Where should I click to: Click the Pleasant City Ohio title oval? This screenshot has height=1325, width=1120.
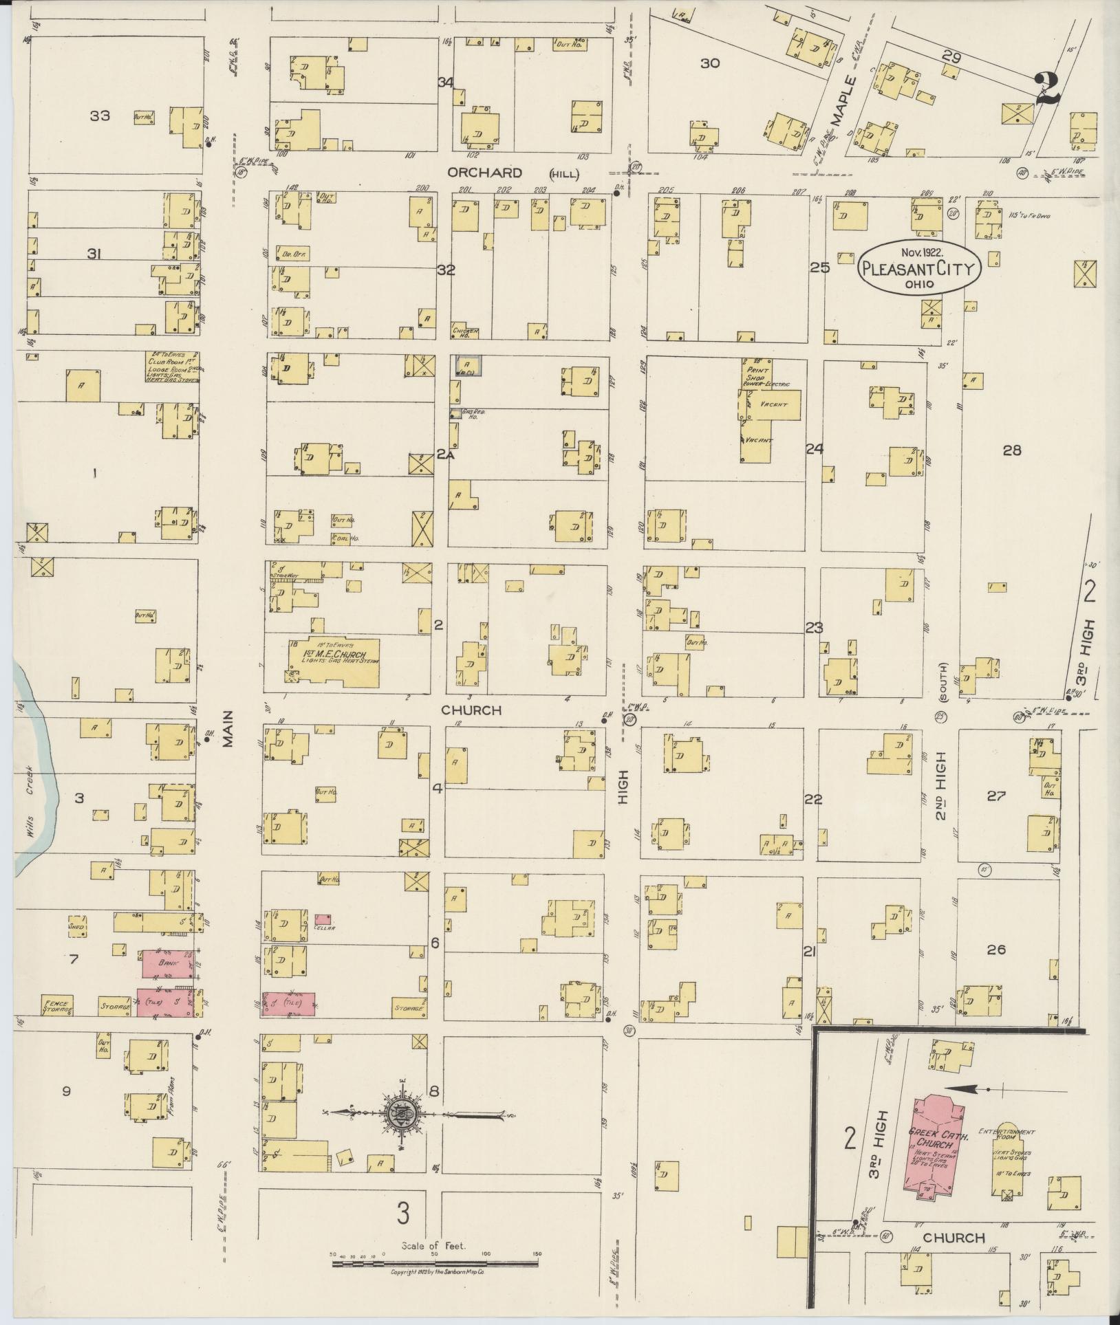coord(918,267)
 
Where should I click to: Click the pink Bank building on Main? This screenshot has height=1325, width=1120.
coord(168,963)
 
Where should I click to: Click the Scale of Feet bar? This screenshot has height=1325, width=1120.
coord(434,1263)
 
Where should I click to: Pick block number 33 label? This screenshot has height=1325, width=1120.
coord(100,116)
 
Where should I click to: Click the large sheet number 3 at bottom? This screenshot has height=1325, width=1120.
coord(402,1212)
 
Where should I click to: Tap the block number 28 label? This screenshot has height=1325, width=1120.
coord(1011,450)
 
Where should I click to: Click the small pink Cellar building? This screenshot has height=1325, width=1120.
coord(323,919)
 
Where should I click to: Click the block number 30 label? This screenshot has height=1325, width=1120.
coord(710,63)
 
